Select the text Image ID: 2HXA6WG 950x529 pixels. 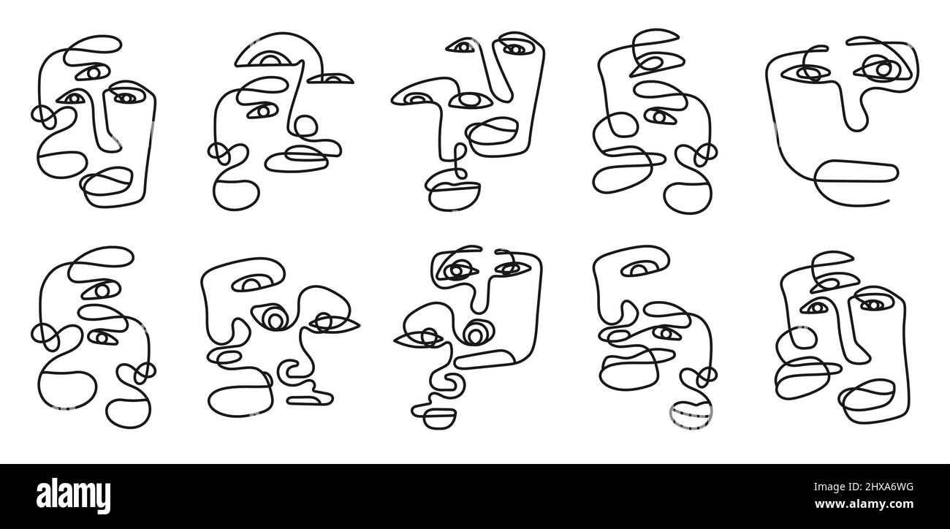[x=864, y=487]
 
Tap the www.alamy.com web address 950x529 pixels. [x=864, y=504]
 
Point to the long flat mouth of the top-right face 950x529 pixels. [x=856, y=171]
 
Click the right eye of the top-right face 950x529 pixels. [x=882, y=69]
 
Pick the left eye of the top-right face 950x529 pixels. [x=806, y=73]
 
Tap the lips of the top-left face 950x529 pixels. [x=107, y=181]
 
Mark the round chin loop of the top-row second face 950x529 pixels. [x=236, y=194]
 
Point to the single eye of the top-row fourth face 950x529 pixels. [x=658, y=115]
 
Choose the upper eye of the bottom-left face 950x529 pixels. [x=101, y=290]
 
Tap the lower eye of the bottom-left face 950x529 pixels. [x=101, y=338]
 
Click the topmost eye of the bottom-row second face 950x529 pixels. [x=253, y=283]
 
